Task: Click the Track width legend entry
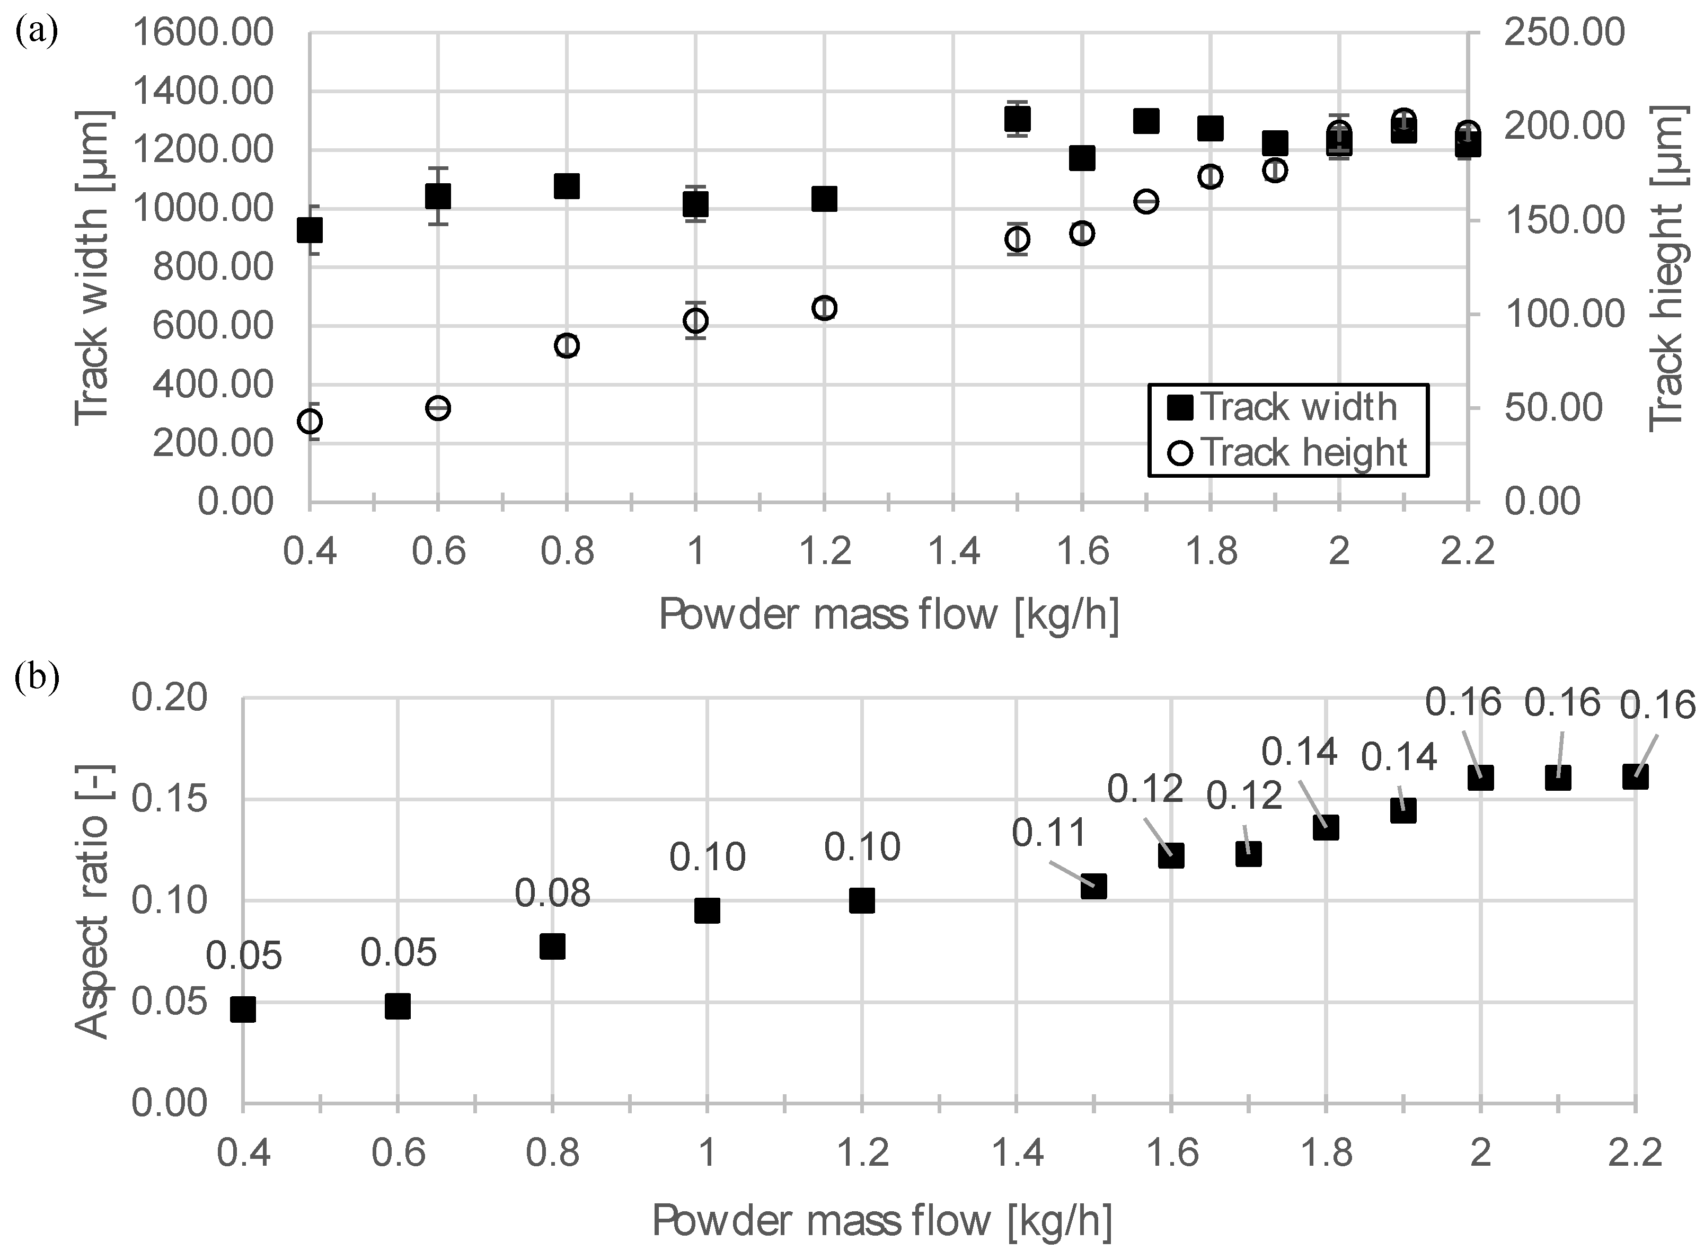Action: pos(1285,407)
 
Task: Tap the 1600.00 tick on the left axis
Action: pos(202,33)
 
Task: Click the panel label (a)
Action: pos(36,33)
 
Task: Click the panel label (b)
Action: pos(36,678)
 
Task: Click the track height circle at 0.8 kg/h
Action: pos(566,345)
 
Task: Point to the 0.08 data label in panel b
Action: pos(552,893)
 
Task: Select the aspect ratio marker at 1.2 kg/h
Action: pos(861,901)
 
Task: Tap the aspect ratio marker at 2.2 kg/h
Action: pos(1635,777)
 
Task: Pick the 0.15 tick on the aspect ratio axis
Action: pos(170,799)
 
